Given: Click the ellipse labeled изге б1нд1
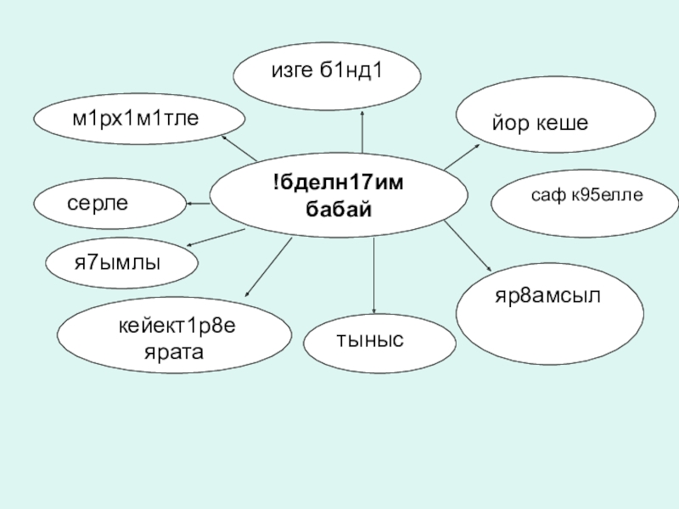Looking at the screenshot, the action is click(327, 72).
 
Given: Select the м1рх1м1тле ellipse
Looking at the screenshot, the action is click(139, 119).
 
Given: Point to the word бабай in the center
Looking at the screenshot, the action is click(339, 209).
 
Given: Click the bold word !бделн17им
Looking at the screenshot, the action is click(339, 185).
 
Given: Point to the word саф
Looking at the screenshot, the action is click(547, 196).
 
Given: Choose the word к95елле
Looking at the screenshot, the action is click(607, 196).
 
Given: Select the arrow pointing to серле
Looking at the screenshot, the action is click(198, 204).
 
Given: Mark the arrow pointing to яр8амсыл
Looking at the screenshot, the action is click(469, 249).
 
